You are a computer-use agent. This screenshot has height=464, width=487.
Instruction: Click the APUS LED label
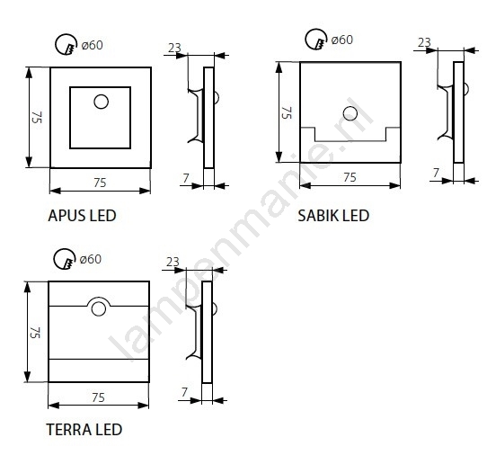pos(83,216)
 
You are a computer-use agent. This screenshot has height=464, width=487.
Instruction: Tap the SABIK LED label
pos(333,216)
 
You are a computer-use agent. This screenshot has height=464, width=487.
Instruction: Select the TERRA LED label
pos(84,430)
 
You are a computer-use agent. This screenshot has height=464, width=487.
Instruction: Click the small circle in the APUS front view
pos(101,102)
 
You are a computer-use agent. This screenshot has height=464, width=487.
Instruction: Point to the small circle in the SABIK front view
pos(350,113)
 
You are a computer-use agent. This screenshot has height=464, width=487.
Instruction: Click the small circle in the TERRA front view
pos(99,309)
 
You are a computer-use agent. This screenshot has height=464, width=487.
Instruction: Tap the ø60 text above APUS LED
pos(93,45)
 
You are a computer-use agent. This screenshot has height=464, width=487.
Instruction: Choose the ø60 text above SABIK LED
pos(342,40)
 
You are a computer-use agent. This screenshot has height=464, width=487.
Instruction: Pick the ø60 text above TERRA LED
pos(91,259)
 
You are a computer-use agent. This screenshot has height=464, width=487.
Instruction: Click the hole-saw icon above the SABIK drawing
pos(316,40)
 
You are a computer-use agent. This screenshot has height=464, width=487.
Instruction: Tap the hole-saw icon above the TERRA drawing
pos(65,259)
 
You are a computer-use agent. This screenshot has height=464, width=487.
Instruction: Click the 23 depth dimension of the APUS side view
pos(174,48)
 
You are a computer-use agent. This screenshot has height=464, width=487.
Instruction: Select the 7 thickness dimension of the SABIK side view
pos(437,173)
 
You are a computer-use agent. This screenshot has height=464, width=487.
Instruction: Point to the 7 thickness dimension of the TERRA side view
pos(184,392)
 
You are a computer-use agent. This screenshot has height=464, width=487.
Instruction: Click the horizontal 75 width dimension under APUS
pos(100,183)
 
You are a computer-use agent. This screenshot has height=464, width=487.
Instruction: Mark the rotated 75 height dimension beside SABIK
pos(287,112)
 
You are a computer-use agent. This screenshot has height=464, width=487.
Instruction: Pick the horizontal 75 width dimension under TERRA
pos(99,397)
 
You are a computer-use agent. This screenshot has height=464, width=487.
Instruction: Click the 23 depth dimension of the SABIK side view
pos(424,42)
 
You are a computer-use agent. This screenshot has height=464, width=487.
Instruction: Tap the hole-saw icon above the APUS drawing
pos(66,44)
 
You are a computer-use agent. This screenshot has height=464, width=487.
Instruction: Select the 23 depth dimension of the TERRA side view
pos(173,262)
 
